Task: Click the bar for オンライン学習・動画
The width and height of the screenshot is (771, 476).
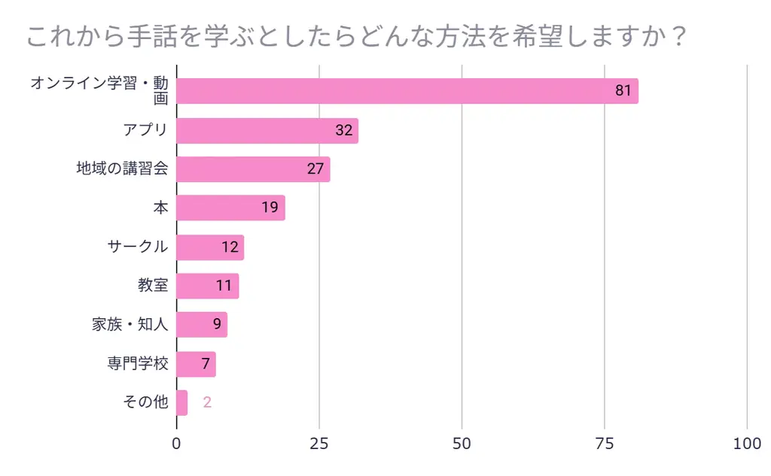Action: coord(407,91)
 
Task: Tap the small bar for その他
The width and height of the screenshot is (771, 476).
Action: coord(181,403)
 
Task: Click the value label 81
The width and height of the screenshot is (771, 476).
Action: coord(623,91)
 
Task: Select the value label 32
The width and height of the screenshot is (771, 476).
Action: coord(343,130)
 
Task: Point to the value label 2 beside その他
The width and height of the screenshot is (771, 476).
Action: coord(207,403)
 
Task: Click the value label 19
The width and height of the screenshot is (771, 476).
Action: coord(270,208)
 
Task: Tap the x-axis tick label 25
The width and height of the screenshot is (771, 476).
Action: coord(319,444)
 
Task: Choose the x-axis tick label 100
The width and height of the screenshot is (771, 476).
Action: coord(747,444)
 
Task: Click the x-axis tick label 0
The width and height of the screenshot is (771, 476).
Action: coord(177,444)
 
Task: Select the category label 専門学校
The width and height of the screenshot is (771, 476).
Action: coord(138,365)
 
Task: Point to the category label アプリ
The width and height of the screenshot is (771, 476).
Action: coord(145,130)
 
